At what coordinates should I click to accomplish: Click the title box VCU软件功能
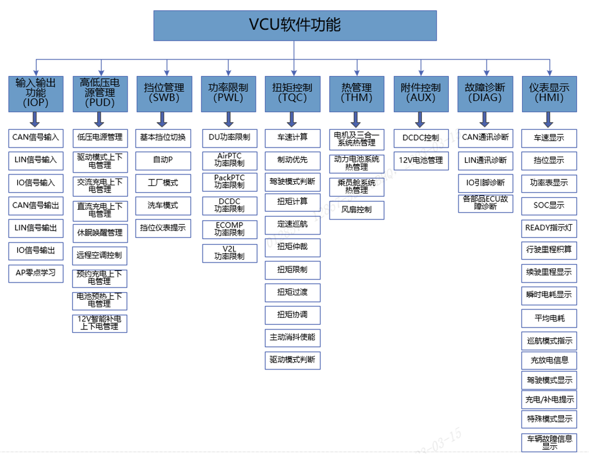pyautogui.click(x=295, y=26)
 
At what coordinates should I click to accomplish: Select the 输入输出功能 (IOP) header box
pyautogui.click(x=35, y=93)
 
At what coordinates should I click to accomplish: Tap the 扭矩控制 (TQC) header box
pyautogui.click(x=292, y=93)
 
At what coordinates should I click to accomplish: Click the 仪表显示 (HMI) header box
pyautogui.click(x=549, y=93)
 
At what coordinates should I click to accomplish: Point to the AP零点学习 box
pyautogui.click(x=35, y=273)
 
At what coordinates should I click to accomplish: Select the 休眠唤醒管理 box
pyautogui.click(x=100, y=233)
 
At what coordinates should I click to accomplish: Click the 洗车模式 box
pyautogui.click(x=163, y=205)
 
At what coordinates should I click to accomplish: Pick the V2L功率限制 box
pyautogui.click(x=229, y=253)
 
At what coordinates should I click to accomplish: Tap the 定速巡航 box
pyautogui.click(x=292, y=224)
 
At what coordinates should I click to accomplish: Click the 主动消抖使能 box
pyautogui.click(x=292, y=337)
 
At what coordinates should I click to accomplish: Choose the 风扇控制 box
pyautogui.click(x=357, y=210)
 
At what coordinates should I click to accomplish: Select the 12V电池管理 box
pyautogui.click(x=421, y=160)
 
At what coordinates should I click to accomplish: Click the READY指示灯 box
pyautogui.click(x=549, y=228)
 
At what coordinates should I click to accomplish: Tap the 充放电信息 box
pyautogui.click(x=549, y=360)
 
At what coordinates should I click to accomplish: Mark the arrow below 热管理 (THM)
pyautogui.click(x=357, y=120)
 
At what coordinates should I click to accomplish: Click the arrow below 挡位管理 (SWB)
pyautogui.click(x=163, y=120)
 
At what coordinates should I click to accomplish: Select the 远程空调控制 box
pyautogui.click(x=100, y=254)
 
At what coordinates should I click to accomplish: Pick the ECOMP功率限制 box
pyautogui.click(x=229, y=229)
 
